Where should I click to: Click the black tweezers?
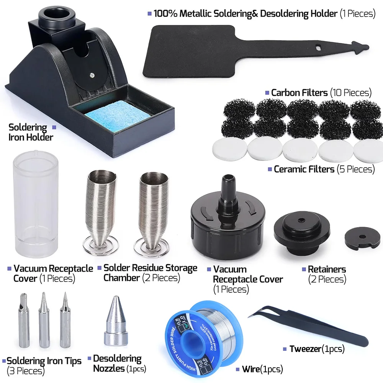[x=306, y=326]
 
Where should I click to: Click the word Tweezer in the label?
[x=305, y=349]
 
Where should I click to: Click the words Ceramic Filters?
[x=304, y=169]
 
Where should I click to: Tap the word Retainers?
[x=327, y=269]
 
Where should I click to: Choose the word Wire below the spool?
[x=251, y=369]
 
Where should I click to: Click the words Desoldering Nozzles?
[x=117, y=364]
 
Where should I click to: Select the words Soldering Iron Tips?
[x=44, y=361]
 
